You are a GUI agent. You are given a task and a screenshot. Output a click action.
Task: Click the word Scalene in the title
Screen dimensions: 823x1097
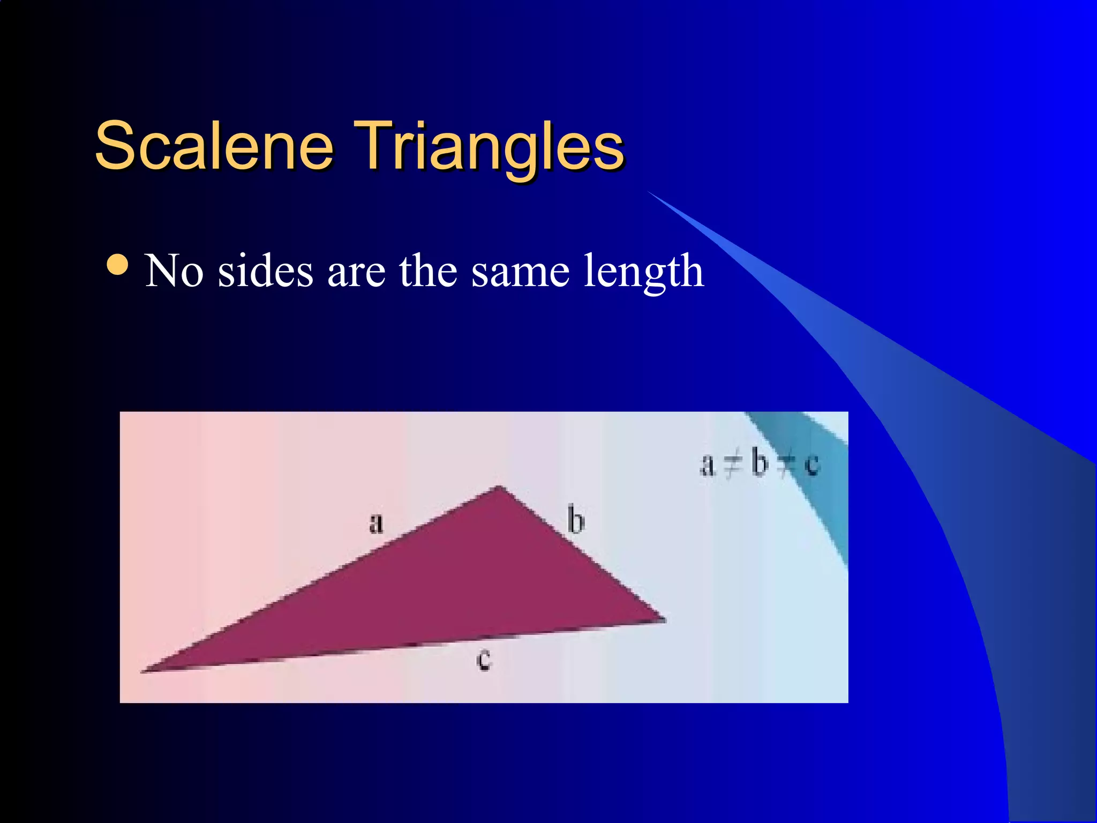214,146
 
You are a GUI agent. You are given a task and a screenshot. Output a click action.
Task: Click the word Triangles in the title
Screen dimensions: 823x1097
489,146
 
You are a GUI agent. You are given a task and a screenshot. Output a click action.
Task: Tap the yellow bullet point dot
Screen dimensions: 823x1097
117,264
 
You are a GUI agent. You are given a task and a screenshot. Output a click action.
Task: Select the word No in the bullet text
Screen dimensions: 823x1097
174,271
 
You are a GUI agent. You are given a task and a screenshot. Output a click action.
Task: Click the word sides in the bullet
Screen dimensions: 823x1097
266,271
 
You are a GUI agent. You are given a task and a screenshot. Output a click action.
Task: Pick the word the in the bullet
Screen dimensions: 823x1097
428,271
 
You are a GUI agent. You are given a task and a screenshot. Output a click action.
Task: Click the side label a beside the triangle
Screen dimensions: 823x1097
377,522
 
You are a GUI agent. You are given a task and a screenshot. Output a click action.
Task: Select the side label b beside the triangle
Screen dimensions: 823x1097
576,519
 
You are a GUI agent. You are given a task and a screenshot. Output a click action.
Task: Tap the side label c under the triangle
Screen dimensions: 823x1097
484,659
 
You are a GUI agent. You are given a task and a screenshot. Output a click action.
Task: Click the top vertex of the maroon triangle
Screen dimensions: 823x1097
499,487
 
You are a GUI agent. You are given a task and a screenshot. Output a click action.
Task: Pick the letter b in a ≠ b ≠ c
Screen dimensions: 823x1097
759,462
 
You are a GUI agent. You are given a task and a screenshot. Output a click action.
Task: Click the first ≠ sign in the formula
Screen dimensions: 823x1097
732,465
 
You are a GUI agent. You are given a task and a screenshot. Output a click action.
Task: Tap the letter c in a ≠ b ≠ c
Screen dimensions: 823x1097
812,465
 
